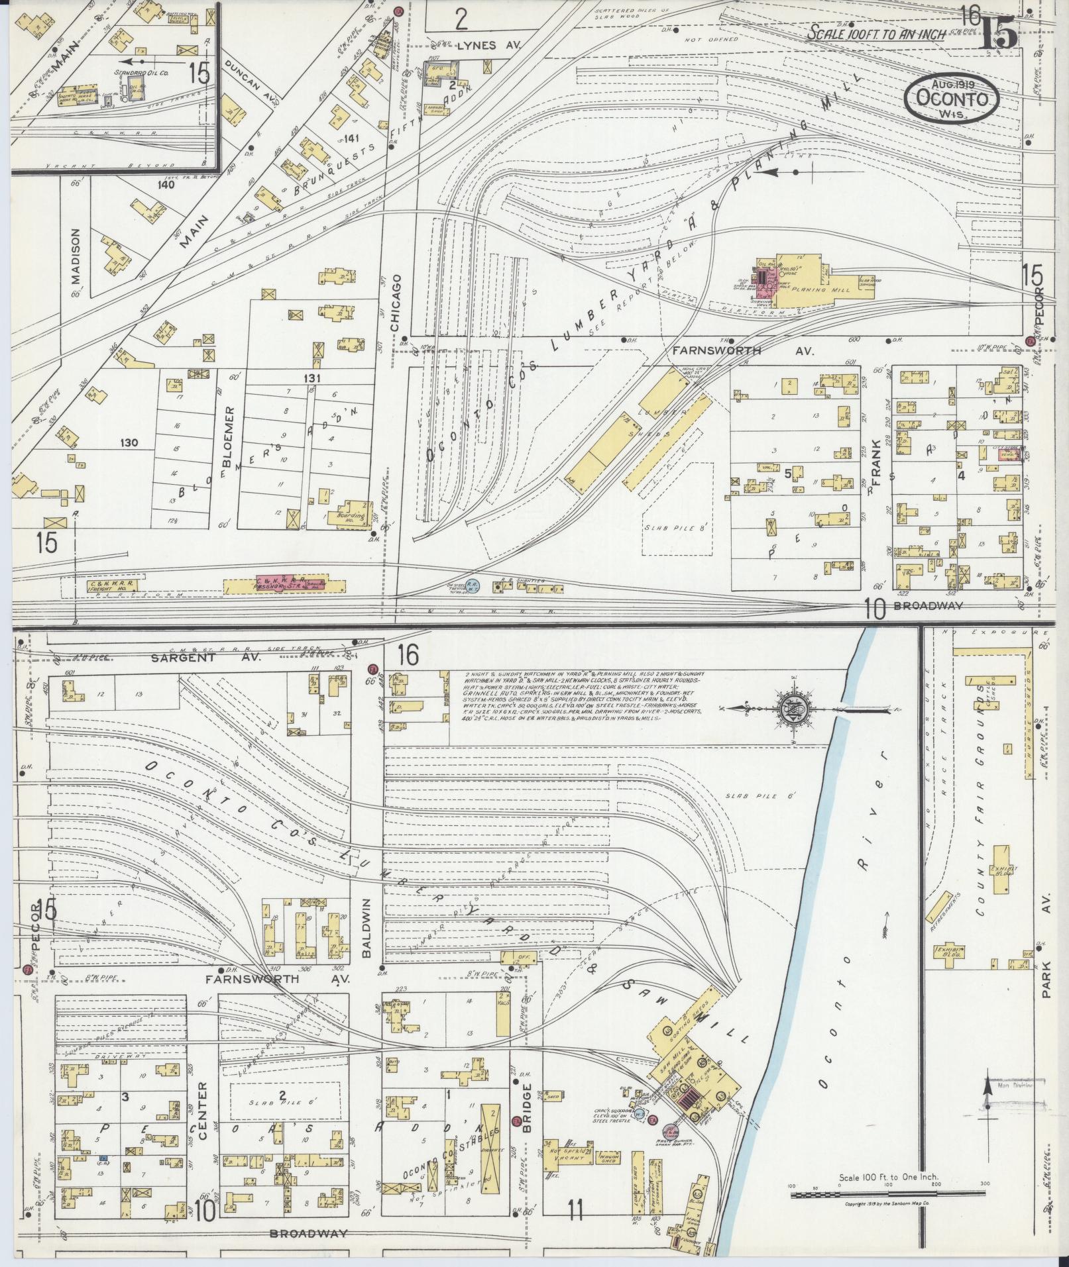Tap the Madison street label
(76, 256)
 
